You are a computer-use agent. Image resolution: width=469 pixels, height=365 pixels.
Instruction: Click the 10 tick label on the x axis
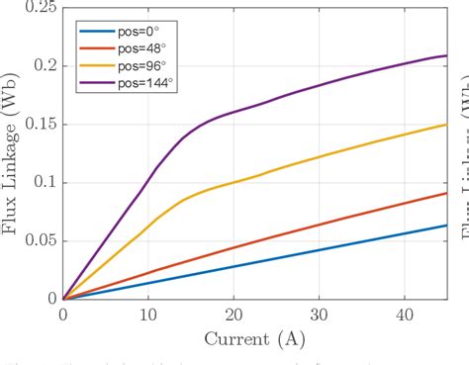click(147, 314)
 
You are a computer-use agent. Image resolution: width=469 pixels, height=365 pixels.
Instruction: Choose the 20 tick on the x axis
click(233, 314)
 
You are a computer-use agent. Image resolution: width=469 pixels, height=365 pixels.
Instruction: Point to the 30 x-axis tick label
click(319, 314)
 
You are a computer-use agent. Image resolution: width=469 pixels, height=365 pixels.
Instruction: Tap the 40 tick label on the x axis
click(404, 314)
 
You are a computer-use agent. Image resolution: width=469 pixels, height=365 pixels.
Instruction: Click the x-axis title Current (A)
click(254, 338)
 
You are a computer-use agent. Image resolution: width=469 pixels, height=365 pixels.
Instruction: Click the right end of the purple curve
click(446, 55)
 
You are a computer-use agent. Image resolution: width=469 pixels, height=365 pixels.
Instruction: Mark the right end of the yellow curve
click(446, 125)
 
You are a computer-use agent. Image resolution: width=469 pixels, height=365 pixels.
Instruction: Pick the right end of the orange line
click(446, 193)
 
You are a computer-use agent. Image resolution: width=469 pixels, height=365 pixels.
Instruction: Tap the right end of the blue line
click(446, 226)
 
